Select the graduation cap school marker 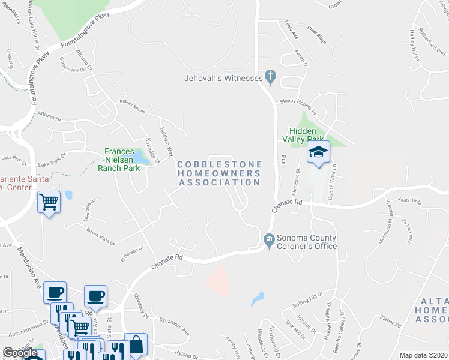[x=319, y=153]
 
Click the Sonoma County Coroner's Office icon [x=269, y=239]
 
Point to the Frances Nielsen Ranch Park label [x=122, y=160]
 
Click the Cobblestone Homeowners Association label [x=219, y=173]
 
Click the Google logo [x=20, y=353]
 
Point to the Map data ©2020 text [x=423, y=355]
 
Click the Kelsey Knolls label [x=133, y=106]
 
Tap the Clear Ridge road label [x=316, y=34]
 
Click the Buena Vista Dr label [x=100, y=234]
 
